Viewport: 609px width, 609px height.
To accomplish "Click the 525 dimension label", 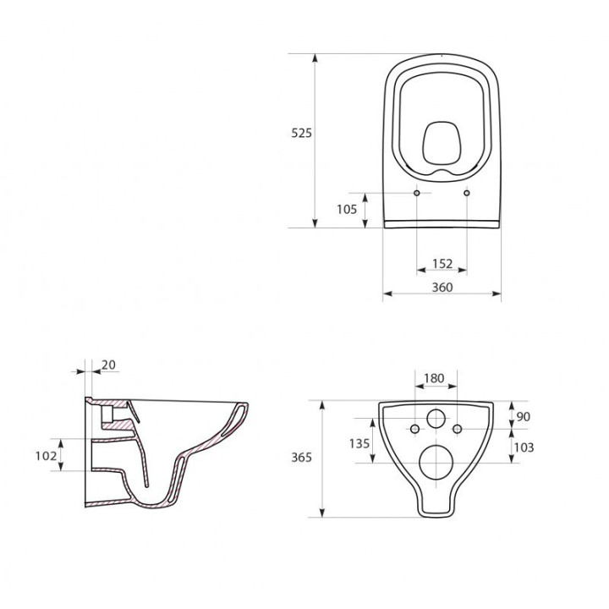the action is tap(301, 134).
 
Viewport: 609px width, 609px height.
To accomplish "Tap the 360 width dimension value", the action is tap(442, 287).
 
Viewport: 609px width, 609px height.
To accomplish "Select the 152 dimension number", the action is tap(442, 264).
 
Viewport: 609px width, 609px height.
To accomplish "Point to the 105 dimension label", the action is tap(347, 210).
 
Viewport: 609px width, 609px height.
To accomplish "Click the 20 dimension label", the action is tap(109, 365).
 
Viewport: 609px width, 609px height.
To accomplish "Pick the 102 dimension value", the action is tap(46, 456).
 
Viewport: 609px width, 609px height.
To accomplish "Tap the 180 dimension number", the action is tap(434, 378).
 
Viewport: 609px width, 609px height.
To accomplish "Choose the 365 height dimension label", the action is tap(301, 457).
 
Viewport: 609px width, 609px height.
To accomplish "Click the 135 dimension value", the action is tap(359, 443).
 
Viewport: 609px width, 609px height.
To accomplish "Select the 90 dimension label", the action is tap(524, 416).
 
